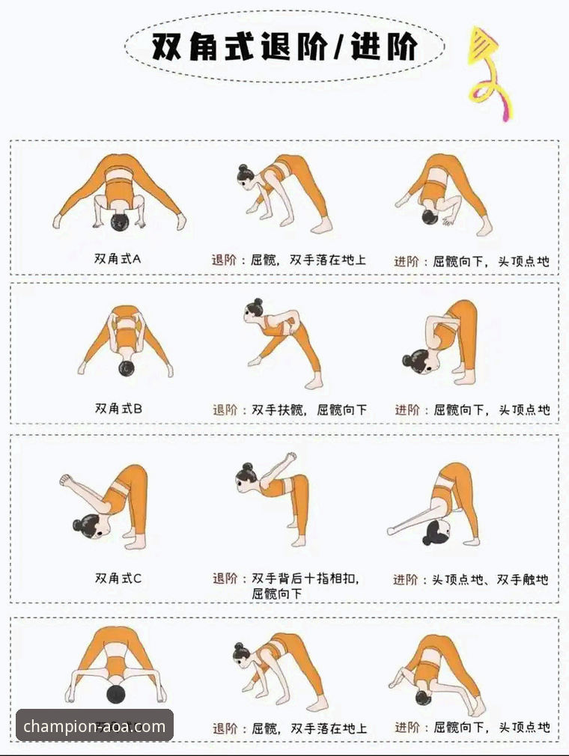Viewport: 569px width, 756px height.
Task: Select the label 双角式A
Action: (x=118, y=259)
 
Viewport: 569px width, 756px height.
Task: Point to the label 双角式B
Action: (x=118, y=408)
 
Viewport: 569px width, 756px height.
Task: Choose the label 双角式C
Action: (x=118, y=577)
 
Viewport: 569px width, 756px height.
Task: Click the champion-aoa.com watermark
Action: (x=94, y=725)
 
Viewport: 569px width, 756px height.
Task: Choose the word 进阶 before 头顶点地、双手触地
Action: (x=407, y=579)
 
